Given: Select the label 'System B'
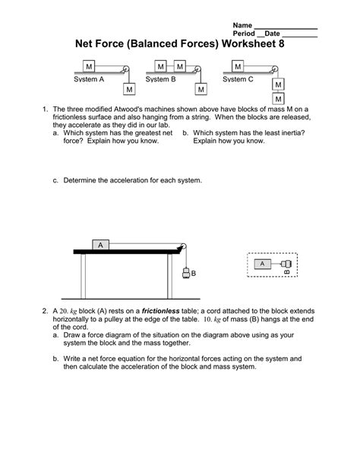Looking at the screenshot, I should coord(160,79).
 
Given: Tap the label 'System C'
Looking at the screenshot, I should coord(238,79).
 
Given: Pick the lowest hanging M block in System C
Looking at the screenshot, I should coord(279,99).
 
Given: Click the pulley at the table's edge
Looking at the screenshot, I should coord(181,246).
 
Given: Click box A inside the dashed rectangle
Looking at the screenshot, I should coord(261,264).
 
